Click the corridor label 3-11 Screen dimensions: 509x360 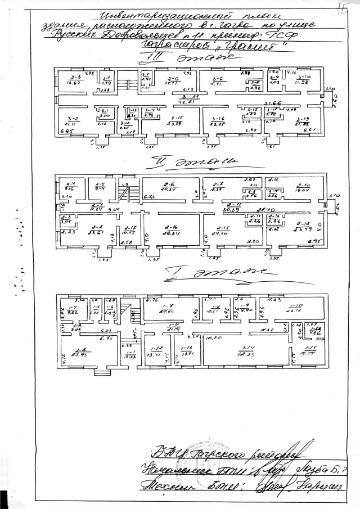click(x=187, y=100)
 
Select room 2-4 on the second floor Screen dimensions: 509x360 click(x=71, y=187)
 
